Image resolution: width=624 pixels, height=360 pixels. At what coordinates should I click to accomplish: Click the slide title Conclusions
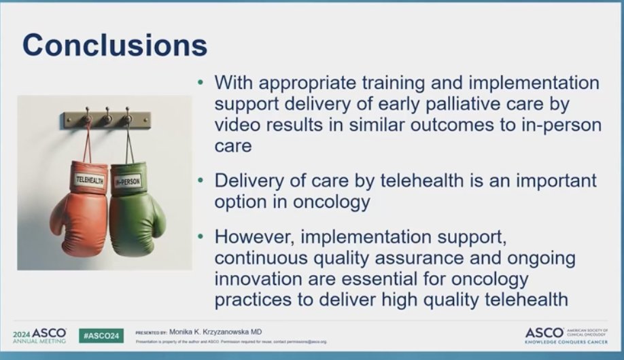[114, 46]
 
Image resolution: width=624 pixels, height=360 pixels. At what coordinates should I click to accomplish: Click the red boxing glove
[80, 211]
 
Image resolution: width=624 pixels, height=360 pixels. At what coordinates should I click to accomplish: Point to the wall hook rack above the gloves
[107, 120]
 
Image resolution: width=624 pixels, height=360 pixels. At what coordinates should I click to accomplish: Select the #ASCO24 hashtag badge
[101, 336]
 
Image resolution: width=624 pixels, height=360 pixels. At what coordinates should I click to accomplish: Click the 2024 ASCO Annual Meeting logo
[39, 336]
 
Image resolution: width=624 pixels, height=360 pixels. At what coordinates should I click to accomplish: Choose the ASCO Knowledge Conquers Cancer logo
[566, 335]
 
